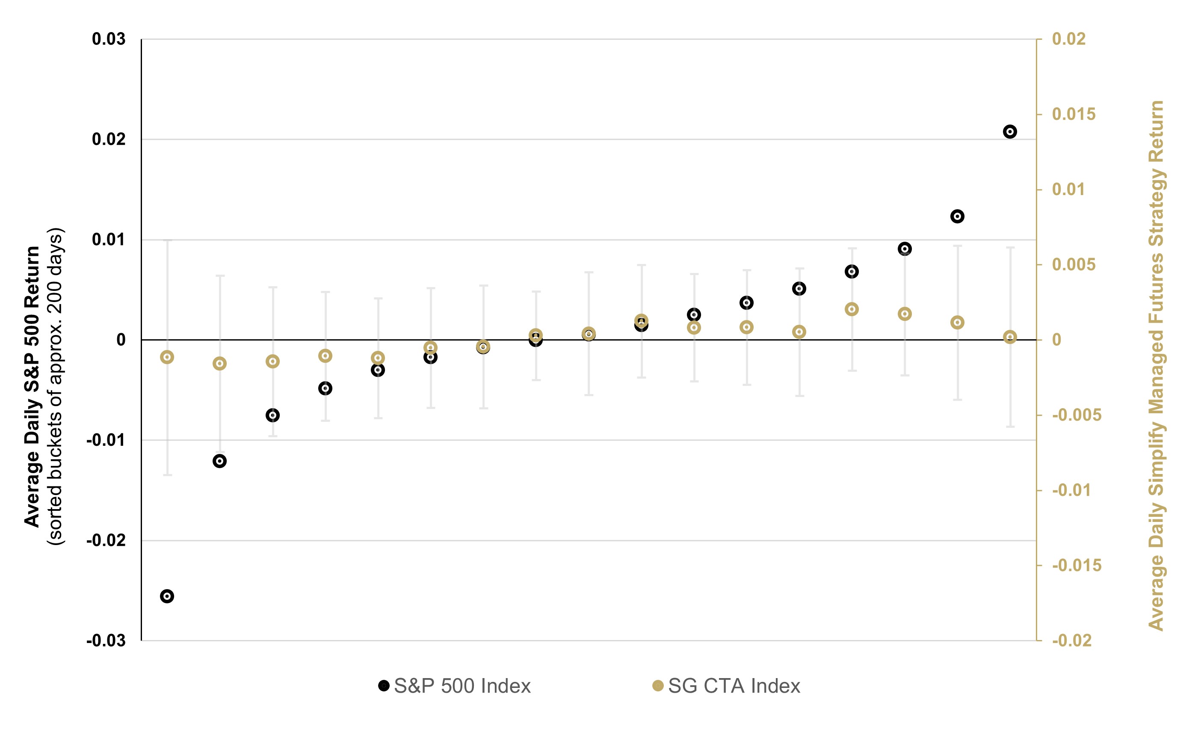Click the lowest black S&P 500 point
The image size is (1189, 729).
[167, 596]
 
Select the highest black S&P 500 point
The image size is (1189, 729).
[1010, 132]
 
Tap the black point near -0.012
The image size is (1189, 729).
[219, 461]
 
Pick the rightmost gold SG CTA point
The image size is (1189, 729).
[1010, 337]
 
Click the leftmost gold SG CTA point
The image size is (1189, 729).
[167, 357]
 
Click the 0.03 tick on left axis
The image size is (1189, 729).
[109, 39]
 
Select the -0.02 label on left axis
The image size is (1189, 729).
[106, 540]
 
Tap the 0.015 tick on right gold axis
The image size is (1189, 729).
[1074, 114]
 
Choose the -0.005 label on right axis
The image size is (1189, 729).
[1077, 415]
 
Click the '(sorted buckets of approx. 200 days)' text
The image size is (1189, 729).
[56, 386]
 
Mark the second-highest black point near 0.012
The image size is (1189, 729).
[957, 216]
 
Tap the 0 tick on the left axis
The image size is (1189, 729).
[121, 340]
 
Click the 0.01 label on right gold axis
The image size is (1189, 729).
[1068, 190]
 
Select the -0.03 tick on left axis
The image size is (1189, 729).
[106, 640]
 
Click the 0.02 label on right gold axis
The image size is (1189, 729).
[1068, 39]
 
